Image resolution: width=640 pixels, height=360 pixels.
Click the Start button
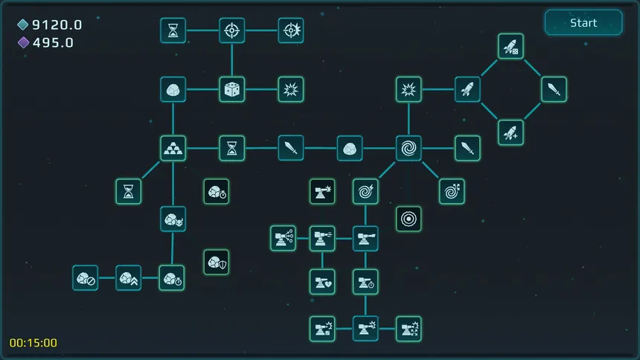tap(583, 23)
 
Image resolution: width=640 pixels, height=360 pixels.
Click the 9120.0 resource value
tap(57, 25)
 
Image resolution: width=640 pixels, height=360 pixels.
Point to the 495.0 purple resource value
tap(53, 42)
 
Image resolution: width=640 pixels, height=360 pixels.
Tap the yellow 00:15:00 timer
tap(33, 342)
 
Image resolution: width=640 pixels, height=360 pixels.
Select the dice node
tap(232, 89)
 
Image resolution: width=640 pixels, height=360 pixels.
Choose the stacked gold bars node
tap(173, 148)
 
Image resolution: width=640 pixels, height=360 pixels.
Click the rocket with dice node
tap(511, 46)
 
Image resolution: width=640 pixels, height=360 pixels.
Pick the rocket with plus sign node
tap(511, 132)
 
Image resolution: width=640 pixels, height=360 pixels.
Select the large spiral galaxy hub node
tap(409, 148)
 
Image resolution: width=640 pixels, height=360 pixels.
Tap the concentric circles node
tap(409, 219)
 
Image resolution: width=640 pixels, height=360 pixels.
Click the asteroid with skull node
tap(173, 219)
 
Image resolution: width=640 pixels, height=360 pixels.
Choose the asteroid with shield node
tap(217, 262)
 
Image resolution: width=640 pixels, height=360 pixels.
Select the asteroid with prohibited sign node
tap(86, 278)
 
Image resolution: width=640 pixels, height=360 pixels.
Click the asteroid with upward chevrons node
tap(129, 278)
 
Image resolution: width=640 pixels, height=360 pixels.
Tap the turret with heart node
tap(322, 282)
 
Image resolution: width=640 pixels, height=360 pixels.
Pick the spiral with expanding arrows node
tap(452, 191)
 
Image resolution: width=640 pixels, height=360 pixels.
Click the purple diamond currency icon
tap(23, 42)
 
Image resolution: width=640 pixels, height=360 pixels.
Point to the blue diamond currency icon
tap(23, 25)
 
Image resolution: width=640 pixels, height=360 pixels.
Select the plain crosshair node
tap(232, 30)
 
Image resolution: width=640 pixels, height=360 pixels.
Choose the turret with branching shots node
tap(284, 238)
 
